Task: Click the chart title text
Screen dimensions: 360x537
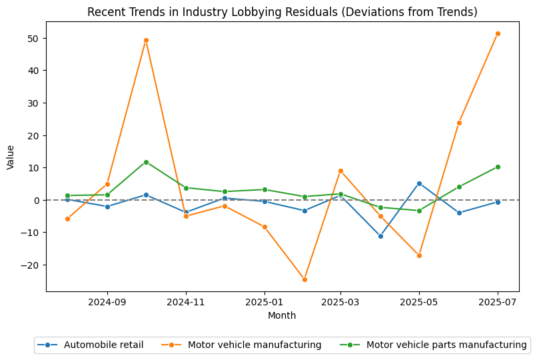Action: click(282, 12)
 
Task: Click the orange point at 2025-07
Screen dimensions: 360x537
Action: click(498, 33)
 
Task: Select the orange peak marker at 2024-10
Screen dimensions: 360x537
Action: click(146, 40)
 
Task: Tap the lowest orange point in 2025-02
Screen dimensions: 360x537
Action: click(304, 279)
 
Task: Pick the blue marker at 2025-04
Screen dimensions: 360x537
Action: click(380, 236)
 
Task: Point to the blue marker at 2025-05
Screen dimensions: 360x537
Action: click(419, 183)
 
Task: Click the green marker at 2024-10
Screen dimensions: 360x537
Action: click(146, 162)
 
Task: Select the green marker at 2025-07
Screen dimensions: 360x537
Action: click(498, 167)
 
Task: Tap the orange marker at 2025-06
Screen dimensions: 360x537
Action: click(459, 123)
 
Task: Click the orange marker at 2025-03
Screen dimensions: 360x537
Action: click(340, 171)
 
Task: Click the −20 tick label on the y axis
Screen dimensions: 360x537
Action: click(32, 265)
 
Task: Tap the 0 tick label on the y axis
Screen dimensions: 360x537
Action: click(37, 200)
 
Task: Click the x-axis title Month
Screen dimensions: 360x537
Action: click(282, 315)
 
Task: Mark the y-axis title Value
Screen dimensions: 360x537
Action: click(11, 157)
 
